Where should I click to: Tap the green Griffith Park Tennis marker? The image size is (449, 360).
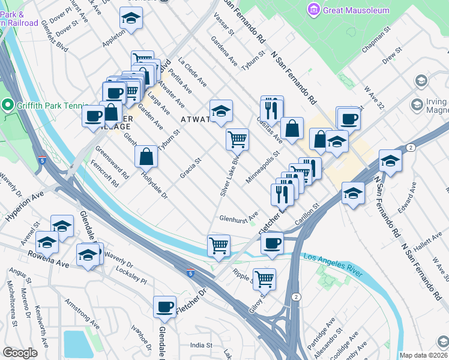point(8,106)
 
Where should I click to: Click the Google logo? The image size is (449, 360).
point(20,353)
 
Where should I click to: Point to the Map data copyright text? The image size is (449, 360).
point(424,355)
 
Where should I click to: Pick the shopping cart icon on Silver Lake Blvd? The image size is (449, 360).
point(237,139)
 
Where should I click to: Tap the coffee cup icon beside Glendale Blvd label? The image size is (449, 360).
point(164,307)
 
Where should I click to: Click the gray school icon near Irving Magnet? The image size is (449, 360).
point(421,81)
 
